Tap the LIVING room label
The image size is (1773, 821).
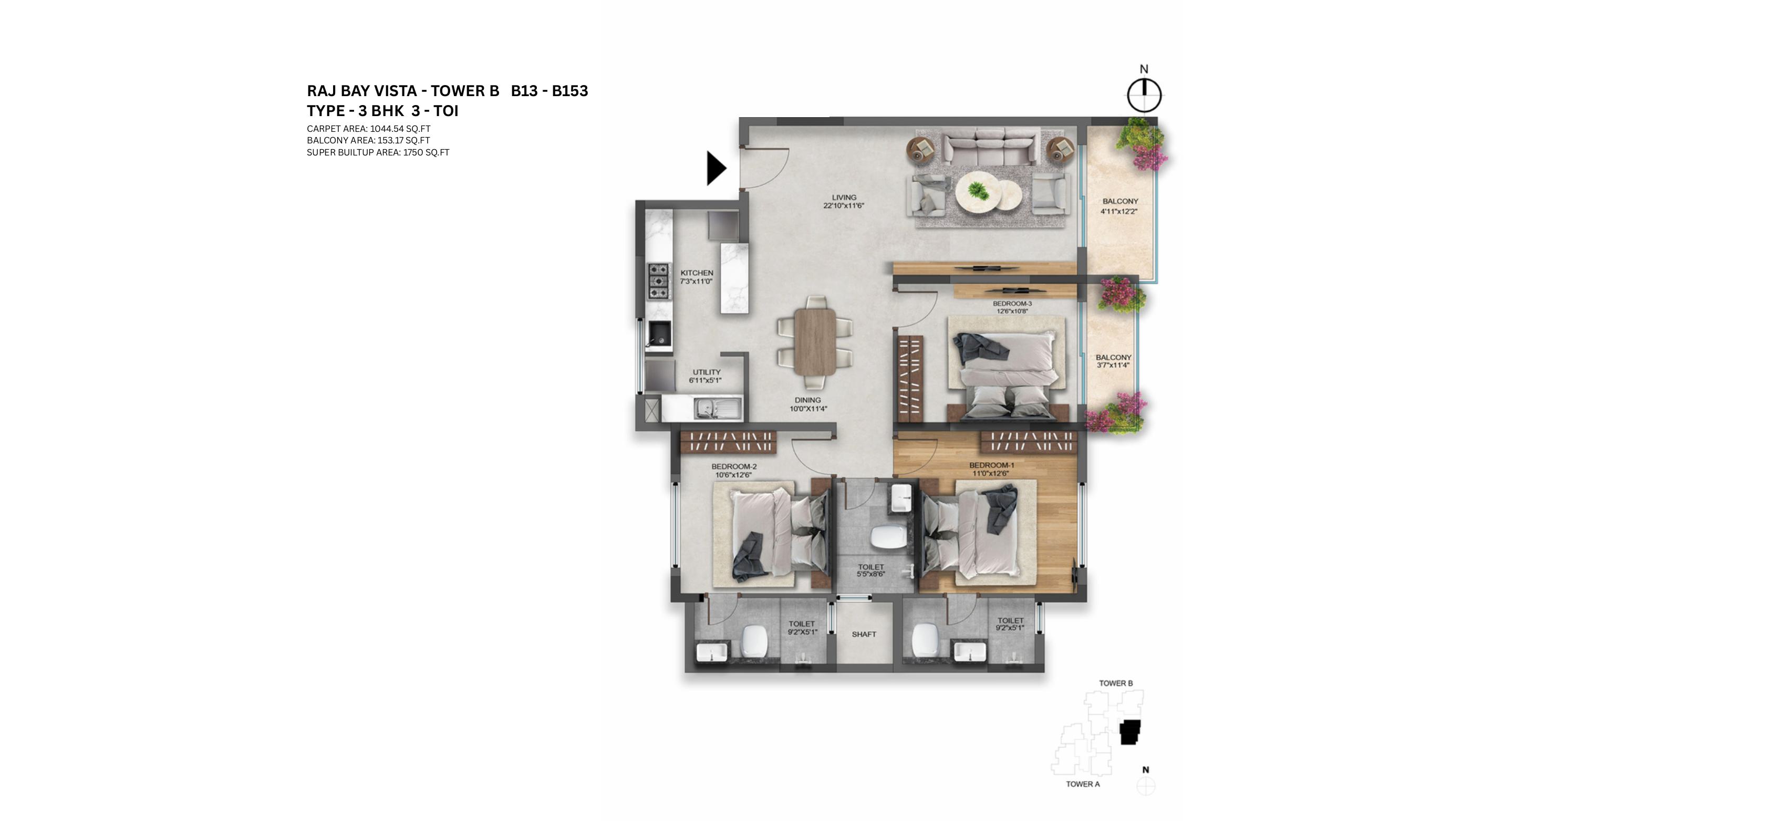[x=844, y=198]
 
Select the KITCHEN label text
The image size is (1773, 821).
[x=697, y=273]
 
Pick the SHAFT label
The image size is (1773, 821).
[x=864, y=635]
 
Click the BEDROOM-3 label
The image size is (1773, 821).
[x=1012, y=304]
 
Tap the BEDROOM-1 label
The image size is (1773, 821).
[x=991, y=465]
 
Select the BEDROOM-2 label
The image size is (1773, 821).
[x=734, y=466]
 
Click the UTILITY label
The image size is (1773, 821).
[x=706, y=372]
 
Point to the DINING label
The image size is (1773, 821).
[x=807, y=400]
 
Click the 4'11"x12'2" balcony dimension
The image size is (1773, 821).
[x=1118, y=211]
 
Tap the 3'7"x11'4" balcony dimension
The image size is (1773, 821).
[x=1113, y=366]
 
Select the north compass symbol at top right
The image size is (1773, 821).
[x=1144, y=95]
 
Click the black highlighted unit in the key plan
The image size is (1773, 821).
[x=1129, y=732]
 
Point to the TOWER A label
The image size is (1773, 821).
[x=1083, y=784]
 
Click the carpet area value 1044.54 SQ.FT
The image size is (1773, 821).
[x=400, y=129]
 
